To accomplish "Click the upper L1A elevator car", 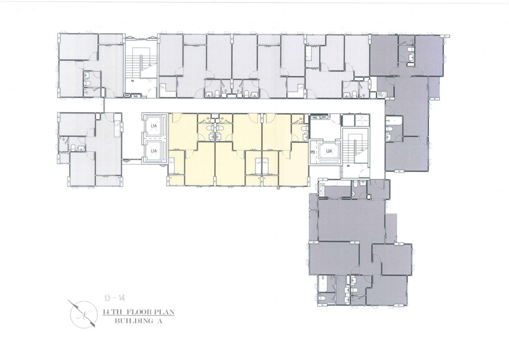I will pyautogui.click(x=154, y=126).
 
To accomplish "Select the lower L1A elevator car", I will pyautogui.click(x=154, y=151).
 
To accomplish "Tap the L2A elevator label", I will pyautogui.click(x=329, y=152).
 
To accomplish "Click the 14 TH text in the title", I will pyautogui.click(x=109, y=313).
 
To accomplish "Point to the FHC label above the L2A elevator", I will pyautogui.click(x=315, y=118).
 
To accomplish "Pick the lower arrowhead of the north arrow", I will pyautogui.click(x=93, y=325).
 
